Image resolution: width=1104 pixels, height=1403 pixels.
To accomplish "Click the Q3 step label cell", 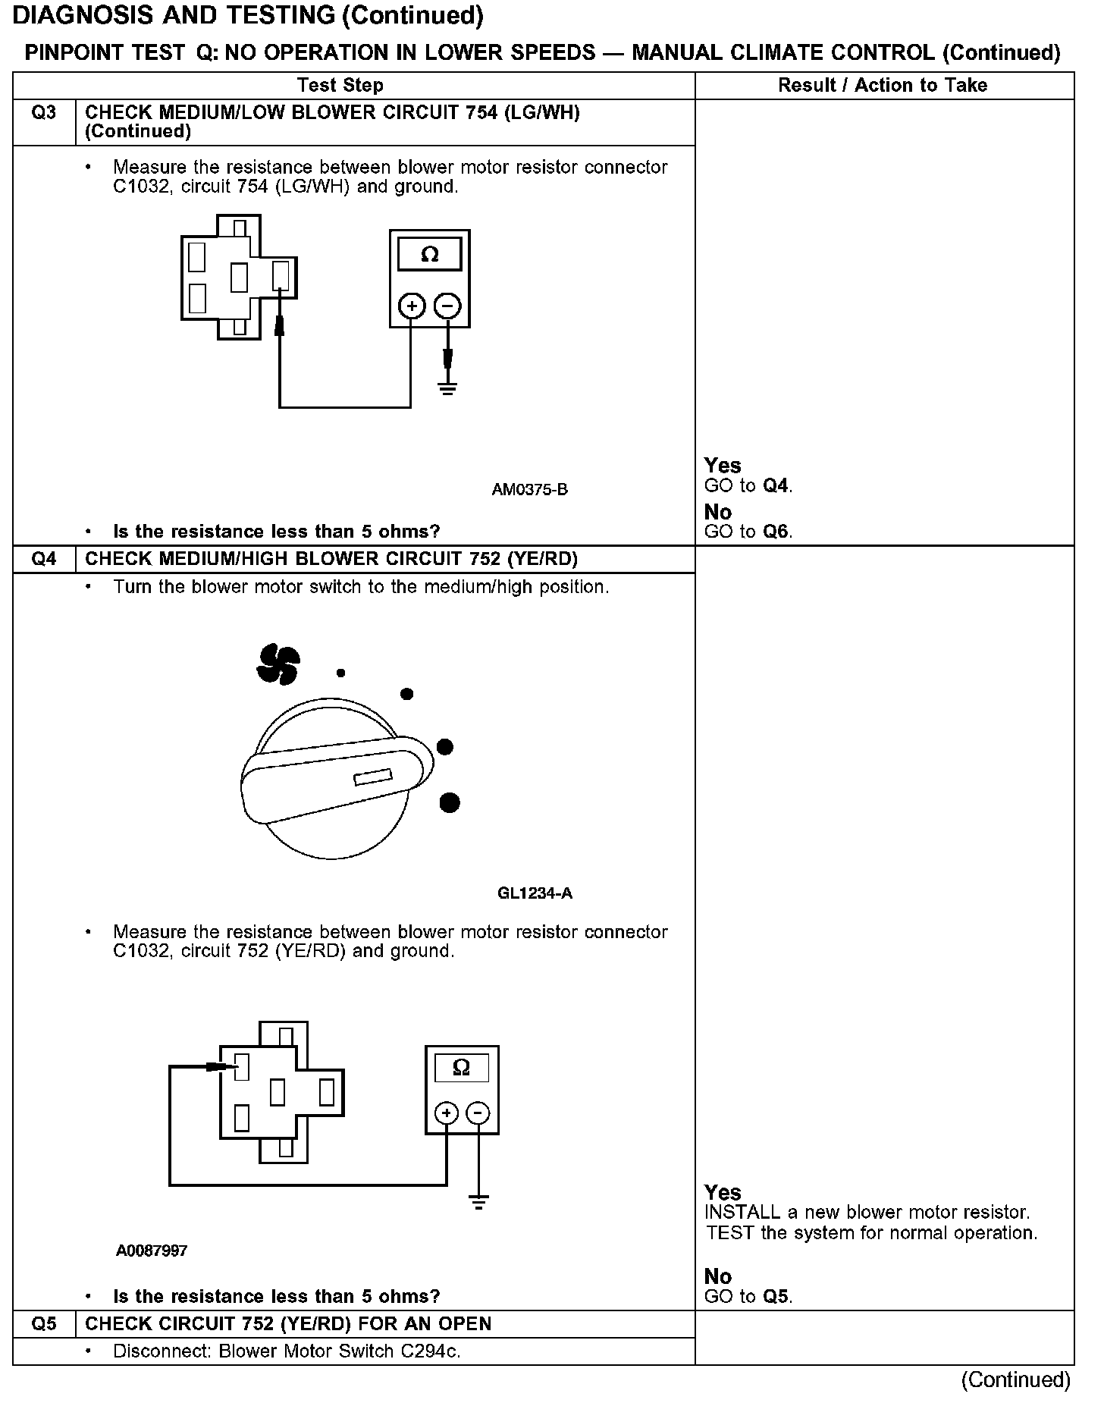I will click(x=44, y=114).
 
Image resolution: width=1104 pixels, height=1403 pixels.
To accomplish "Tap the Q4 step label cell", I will click(x=44, y=560).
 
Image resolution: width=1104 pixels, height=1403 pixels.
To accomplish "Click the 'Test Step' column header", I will click(x=340, y=85).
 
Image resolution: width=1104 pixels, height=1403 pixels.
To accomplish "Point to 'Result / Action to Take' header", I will click(x=883, y=85).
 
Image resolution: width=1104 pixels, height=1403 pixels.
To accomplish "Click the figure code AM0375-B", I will click(x=529, y=490).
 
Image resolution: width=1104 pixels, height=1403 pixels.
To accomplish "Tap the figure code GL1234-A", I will click(x=535, y=893).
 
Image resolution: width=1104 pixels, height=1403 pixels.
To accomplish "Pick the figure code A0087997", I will click(x=152, y=1251).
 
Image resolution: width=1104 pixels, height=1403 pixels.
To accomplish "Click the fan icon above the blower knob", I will click(x=278, y=664).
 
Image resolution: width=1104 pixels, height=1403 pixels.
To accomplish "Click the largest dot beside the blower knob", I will click(x=450, y=802).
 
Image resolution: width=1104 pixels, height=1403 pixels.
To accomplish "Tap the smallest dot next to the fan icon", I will click(x=341, y=673).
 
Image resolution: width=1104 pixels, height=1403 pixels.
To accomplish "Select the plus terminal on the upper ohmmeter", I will click(x=411, y=306).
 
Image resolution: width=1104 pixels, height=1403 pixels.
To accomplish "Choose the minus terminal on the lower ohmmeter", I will click(x=478, y=1113).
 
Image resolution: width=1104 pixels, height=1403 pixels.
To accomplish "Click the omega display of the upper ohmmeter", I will click(x=429, y=255).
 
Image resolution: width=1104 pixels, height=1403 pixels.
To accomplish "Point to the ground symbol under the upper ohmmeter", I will click(x=447, y=390).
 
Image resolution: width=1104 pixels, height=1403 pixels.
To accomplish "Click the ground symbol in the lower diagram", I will click(x=478, y=1202).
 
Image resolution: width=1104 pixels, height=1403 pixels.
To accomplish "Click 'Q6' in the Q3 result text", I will click(x=776, y=532).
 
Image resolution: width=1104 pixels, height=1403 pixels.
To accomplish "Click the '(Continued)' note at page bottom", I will click(x=1015, y=1380).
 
